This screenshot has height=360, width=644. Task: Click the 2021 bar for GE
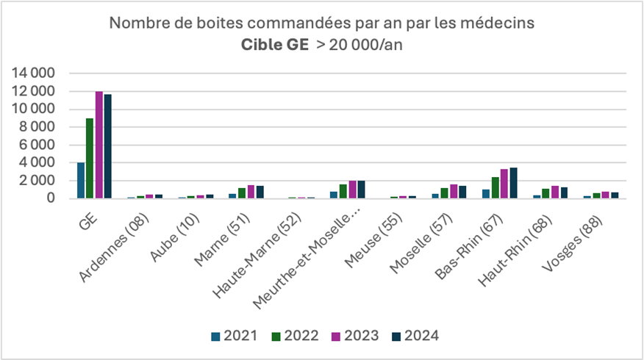(x=81, y=180)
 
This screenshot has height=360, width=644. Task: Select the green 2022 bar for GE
(x=90, y=158)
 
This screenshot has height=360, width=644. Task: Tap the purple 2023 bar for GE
(x=99, y=145)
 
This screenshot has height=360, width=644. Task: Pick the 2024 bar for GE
(x=108, y=146)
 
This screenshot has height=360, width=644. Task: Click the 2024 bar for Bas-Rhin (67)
(x=513, y=183)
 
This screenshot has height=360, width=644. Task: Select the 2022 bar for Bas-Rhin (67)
(x=495, y=187)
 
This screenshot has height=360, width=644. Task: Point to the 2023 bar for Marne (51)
(x=251, y=192)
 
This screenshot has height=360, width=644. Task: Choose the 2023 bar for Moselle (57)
(x=454, y=191)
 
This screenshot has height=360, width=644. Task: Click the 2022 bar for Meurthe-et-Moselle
(x=343, y=191)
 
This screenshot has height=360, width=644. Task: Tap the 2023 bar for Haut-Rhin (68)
(x=555, y=192)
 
